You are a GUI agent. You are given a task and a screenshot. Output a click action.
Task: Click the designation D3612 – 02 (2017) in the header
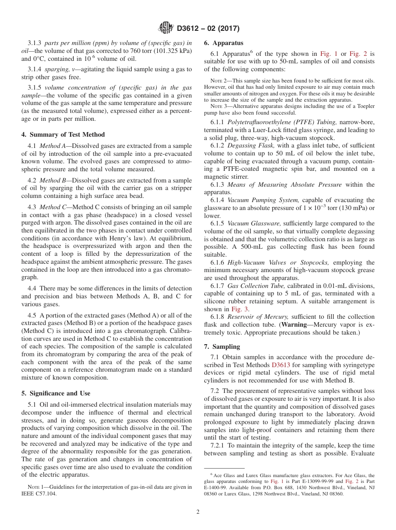coord(208,29)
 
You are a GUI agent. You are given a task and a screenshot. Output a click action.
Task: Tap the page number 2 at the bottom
coord(198,512)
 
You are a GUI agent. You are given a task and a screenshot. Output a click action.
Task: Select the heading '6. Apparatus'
coord(223,42)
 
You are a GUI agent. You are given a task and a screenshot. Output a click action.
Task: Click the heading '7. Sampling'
coord(222,347)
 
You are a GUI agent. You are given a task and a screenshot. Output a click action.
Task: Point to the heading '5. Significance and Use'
coord(55,393)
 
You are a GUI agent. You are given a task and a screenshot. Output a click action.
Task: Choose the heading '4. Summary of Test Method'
coord(63,135)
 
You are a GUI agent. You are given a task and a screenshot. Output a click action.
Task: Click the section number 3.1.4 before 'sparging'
coord(35,69)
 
